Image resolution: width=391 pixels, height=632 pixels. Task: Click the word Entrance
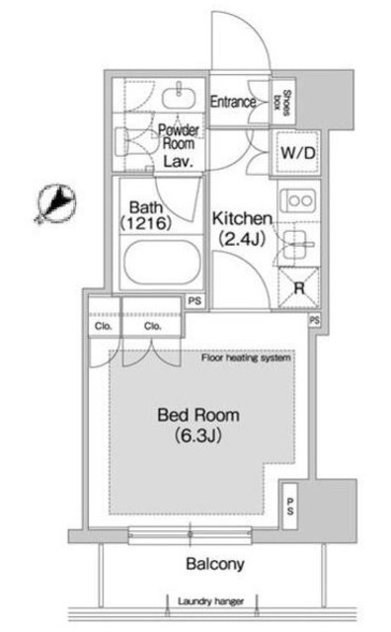click(233, 102)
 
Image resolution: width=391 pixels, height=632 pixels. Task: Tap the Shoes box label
click(287, 102)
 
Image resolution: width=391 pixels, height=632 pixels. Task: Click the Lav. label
click(177, 160)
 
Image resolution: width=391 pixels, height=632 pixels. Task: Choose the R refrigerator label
click(295, 287)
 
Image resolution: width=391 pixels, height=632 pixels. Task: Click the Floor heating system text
click(246, 357)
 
